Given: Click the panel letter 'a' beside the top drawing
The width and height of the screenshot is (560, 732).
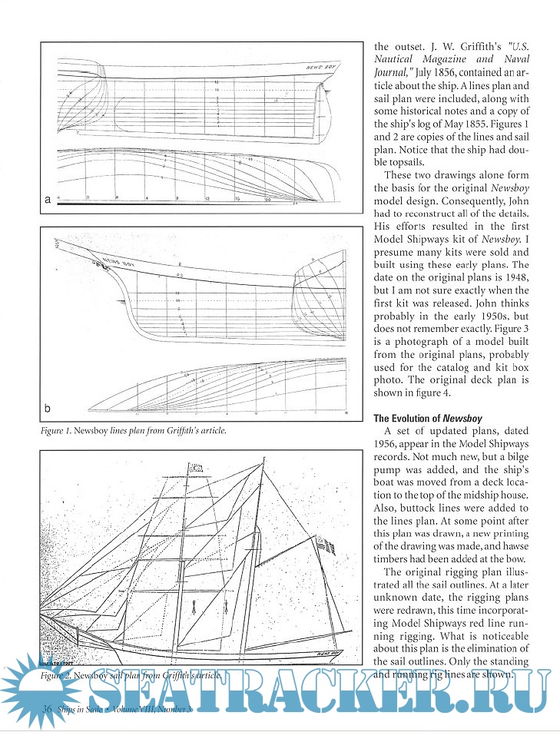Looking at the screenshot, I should pos(48,200).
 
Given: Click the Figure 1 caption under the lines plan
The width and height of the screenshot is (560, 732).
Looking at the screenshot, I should pos(134,431).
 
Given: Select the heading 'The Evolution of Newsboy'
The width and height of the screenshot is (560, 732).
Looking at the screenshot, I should pos(417,419).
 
